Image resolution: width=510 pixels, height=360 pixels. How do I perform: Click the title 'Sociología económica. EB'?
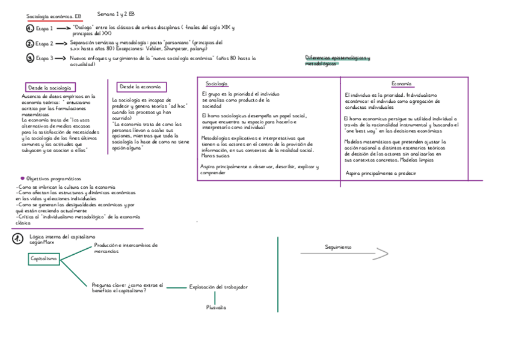[53, 16]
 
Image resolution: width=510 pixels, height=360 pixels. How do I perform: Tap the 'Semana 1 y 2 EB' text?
[115, 13]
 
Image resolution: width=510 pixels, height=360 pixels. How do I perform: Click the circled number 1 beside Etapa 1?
[30, 28]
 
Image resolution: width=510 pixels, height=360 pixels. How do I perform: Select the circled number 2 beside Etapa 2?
[30, 43]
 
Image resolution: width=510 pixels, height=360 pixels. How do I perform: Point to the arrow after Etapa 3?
[61, 58]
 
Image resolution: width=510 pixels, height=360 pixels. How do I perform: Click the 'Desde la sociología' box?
[51, 88]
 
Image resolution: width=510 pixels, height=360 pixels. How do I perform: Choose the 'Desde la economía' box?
[141, 87]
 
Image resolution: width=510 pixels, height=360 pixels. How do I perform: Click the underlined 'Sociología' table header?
[217, 84]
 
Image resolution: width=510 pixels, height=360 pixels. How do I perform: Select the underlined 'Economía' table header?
[401, 84]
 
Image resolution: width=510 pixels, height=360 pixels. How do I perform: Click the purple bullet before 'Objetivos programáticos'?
[22, 178]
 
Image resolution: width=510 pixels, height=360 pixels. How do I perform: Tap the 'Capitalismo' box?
[44, 259]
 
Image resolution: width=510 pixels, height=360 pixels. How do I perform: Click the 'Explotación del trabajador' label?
[218, 287]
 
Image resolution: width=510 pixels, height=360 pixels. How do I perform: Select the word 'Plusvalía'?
[216, 307]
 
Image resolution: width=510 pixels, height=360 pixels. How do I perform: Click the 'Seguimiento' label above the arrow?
[338, 247]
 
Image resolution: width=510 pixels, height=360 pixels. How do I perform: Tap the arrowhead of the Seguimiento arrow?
[383, 254]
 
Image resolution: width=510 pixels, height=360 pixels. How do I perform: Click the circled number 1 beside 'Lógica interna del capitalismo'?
[17, 239]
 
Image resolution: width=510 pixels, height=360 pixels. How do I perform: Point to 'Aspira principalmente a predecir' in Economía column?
[381, 173]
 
